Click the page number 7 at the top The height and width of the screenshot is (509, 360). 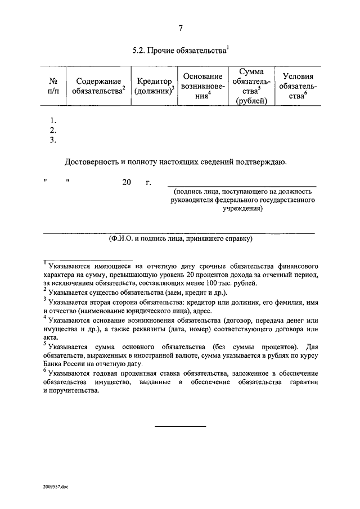tap(181, 28)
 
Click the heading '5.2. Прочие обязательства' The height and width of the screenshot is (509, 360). tap(180, 50)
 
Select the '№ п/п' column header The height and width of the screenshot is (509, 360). tap(53, 85)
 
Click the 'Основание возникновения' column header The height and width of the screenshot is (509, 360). tap(202, 85)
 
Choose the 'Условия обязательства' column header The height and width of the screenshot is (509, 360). tap(298, 86)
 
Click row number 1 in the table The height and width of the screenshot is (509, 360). tap(53, 120)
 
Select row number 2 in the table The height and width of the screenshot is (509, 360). tap(53, 130)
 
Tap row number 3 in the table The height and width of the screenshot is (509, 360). tap(53, 141)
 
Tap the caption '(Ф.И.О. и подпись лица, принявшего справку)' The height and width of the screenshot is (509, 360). tap(181, 238)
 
